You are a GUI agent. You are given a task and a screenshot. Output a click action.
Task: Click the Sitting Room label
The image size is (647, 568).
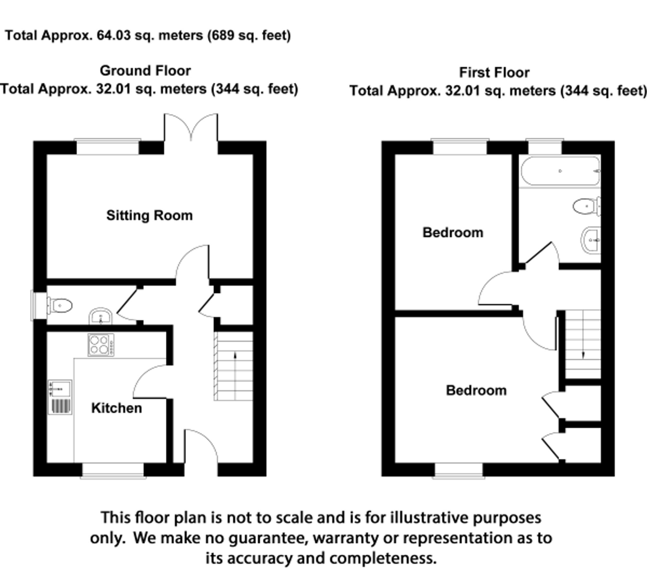149,215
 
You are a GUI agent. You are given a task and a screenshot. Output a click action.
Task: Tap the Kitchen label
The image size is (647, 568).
116,408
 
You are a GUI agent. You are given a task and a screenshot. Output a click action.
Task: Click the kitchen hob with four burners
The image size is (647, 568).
101,345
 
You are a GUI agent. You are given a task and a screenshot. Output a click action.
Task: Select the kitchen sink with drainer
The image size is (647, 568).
60,397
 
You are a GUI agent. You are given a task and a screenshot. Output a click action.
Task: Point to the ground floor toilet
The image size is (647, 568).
60,305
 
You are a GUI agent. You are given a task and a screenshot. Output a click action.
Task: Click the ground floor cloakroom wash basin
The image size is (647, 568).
101,316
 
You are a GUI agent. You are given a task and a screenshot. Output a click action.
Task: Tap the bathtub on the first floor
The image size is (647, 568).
560,171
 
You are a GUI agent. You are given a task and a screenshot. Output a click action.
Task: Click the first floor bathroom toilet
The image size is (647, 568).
587,206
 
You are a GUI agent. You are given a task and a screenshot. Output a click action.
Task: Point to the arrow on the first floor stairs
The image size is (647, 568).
583,355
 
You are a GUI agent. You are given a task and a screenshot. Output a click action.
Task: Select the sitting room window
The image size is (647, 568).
108,147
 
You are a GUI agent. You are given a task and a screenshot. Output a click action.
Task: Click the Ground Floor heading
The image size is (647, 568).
145,71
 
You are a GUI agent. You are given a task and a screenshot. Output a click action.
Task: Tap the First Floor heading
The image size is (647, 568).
494,72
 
